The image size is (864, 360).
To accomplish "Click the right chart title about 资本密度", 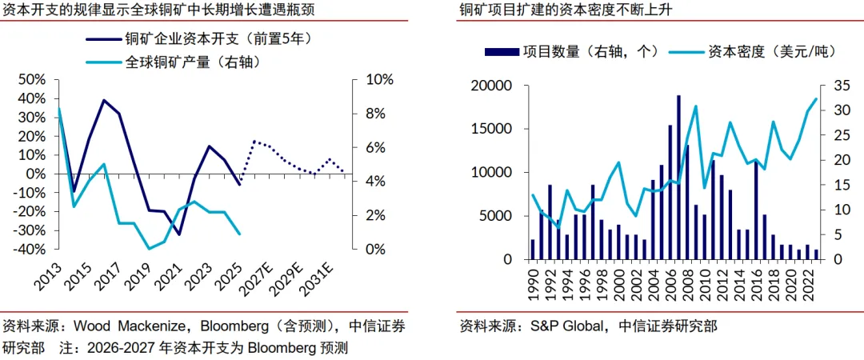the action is pyautogui.click(x=564, y=10).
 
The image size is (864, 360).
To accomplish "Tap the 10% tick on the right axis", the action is pyautogui.click(x=380, y=80).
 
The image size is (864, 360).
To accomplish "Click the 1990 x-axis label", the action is pyautogui.click(x=534, y=283).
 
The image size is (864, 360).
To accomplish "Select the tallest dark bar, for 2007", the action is pyautogui.click(x=679, y=177).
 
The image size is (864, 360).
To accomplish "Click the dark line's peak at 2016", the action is pyautogui.click(x=103, y=100).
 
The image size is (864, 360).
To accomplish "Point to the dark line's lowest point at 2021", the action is pyautogui.click(x=179, y=234).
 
